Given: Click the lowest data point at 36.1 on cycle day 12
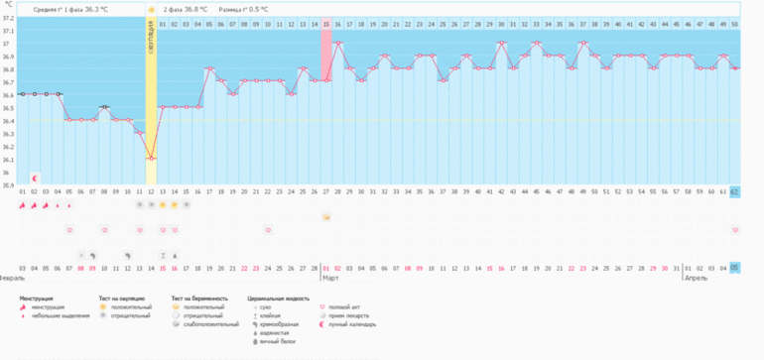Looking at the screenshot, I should click(x=151, y=158).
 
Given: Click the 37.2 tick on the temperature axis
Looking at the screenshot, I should click(x=9, y=18).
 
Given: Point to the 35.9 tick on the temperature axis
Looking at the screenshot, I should click(x=9, y=184).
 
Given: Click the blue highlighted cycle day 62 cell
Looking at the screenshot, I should click(x=735, y=191).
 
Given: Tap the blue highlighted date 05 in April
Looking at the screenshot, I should click(x=735, y=268).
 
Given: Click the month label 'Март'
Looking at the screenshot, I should click(x=330, y=279).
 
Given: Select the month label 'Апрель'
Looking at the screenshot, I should click(x=696, y=279).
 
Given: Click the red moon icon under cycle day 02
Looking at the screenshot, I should click(x=34, y=178).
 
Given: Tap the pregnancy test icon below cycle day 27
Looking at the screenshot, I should click(x=326, y=216).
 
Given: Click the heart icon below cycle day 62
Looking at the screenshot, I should click(x=735, y=229).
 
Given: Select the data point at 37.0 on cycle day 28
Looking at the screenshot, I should click(x=337, y=43).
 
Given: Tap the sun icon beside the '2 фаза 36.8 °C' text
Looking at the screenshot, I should click(x=152, y=8).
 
